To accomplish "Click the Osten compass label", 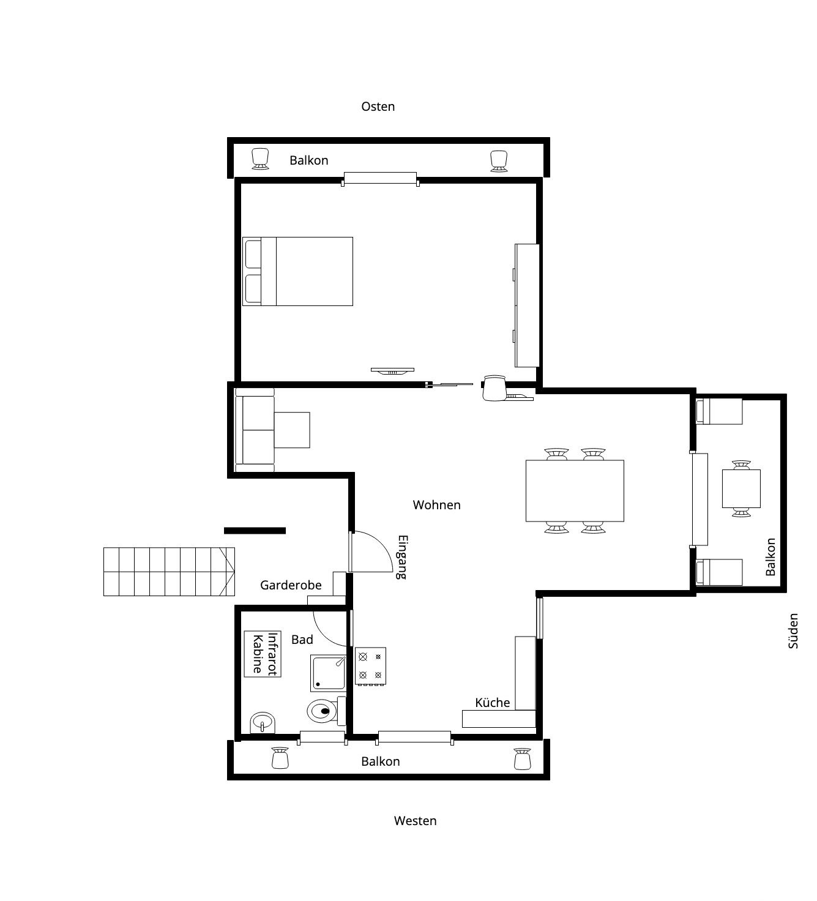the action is [378, 107].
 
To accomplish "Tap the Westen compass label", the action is [415, 821].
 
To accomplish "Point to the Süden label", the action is [793, 631].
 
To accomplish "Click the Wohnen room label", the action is [436, 506].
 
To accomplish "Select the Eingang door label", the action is [403, 557].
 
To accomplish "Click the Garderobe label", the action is [291, 585].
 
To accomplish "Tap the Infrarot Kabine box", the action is [263, 654].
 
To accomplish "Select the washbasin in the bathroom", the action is [263, 723].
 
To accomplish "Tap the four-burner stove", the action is [370, 666].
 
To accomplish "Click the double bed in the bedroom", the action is [297, 272].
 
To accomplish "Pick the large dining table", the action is [575, 491].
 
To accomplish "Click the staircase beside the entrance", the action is [169, 572].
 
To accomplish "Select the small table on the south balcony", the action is [741, 488].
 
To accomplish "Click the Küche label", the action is [492, 703].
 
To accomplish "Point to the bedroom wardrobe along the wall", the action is [526, 305].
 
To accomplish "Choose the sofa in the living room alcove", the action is [254, 430].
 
